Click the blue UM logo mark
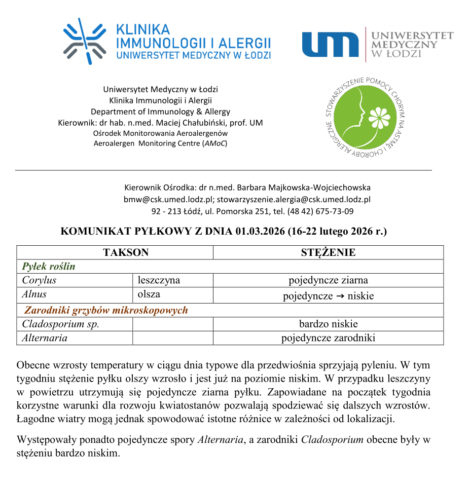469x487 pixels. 331,45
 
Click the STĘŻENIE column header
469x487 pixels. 328,252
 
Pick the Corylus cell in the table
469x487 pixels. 39,280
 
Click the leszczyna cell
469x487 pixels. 159,280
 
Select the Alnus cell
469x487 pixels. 34,294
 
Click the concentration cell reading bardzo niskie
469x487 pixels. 328,324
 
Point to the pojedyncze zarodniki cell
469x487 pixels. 328,338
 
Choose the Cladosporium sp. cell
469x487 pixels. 60,324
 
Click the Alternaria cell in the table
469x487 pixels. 45,338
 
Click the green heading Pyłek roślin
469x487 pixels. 49,267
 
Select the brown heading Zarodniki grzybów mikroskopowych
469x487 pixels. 106,310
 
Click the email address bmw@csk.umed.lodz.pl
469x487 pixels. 167,199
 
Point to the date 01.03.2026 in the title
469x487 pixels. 260,232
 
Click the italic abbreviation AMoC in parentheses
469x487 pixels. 215,143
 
